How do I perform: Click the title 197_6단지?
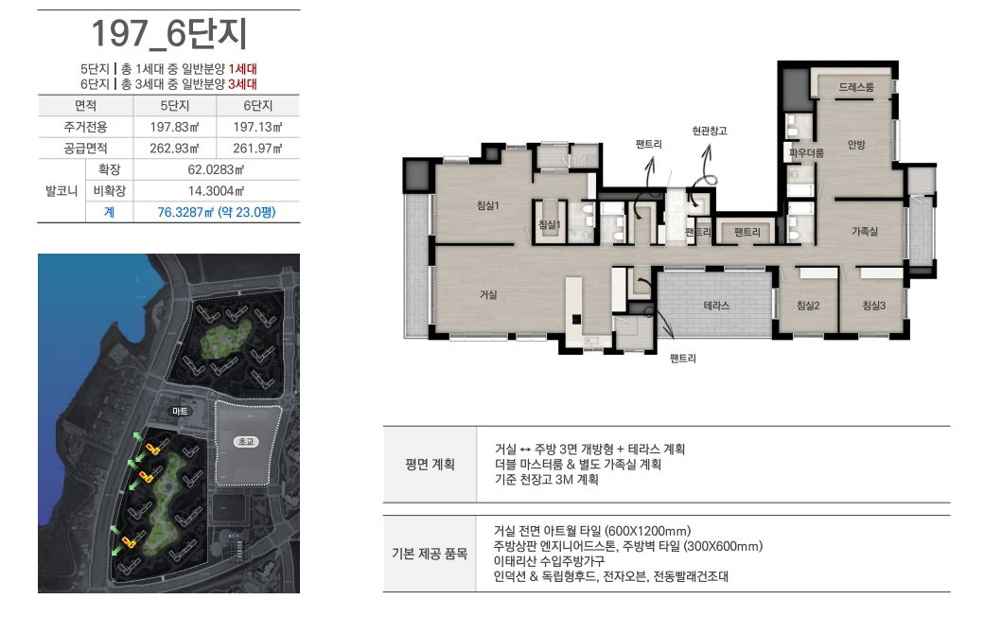pos(168,34)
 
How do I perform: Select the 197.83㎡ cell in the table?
pos(174,127)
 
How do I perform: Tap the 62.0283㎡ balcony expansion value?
pos(216,169)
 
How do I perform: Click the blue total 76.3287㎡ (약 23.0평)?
pos(217,212)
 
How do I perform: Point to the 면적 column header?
pos(85,105)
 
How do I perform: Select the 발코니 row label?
pos(61,191)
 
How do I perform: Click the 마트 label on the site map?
pos(180,411)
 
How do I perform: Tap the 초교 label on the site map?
pos(246,441)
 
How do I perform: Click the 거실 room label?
pos(488,293)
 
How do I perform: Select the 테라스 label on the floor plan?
pos(716,305)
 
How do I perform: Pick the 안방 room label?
pos(856,145)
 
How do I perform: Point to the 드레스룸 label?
pos(856,87)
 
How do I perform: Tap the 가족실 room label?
pos(865,231)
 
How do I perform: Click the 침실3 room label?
pos(873,305)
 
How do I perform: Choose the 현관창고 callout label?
pos(709,131)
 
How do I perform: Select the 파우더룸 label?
pos(806,152)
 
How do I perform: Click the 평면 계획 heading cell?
pos(430,465)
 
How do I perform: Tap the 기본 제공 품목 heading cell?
pos(430,554)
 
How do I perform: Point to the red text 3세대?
pos(242,83)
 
